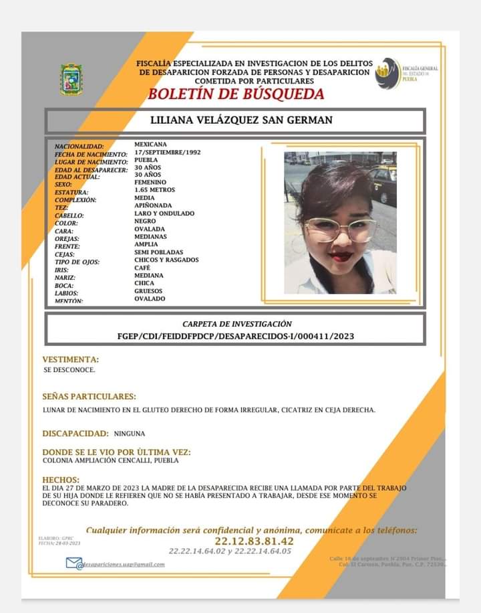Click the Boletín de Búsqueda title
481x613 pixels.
tap(236, 94)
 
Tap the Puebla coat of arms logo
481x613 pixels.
tap(71, 79)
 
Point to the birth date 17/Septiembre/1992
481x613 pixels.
tap(167, 152)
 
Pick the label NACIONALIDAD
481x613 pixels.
tap(79, 146)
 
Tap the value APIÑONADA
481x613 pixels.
tap(154, 205)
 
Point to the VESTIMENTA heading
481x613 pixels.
tap(71, 359)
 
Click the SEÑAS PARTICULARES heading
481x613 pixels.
tap(89, 396)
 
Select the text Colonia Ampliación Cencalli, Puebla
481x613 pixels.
tap(110, 460)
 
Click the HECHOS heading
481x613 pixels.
tap(61, 480)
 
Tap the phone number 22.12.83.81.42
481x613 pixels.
tap(254, 541)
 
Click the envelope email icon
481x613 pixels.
tap(73, 563)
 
